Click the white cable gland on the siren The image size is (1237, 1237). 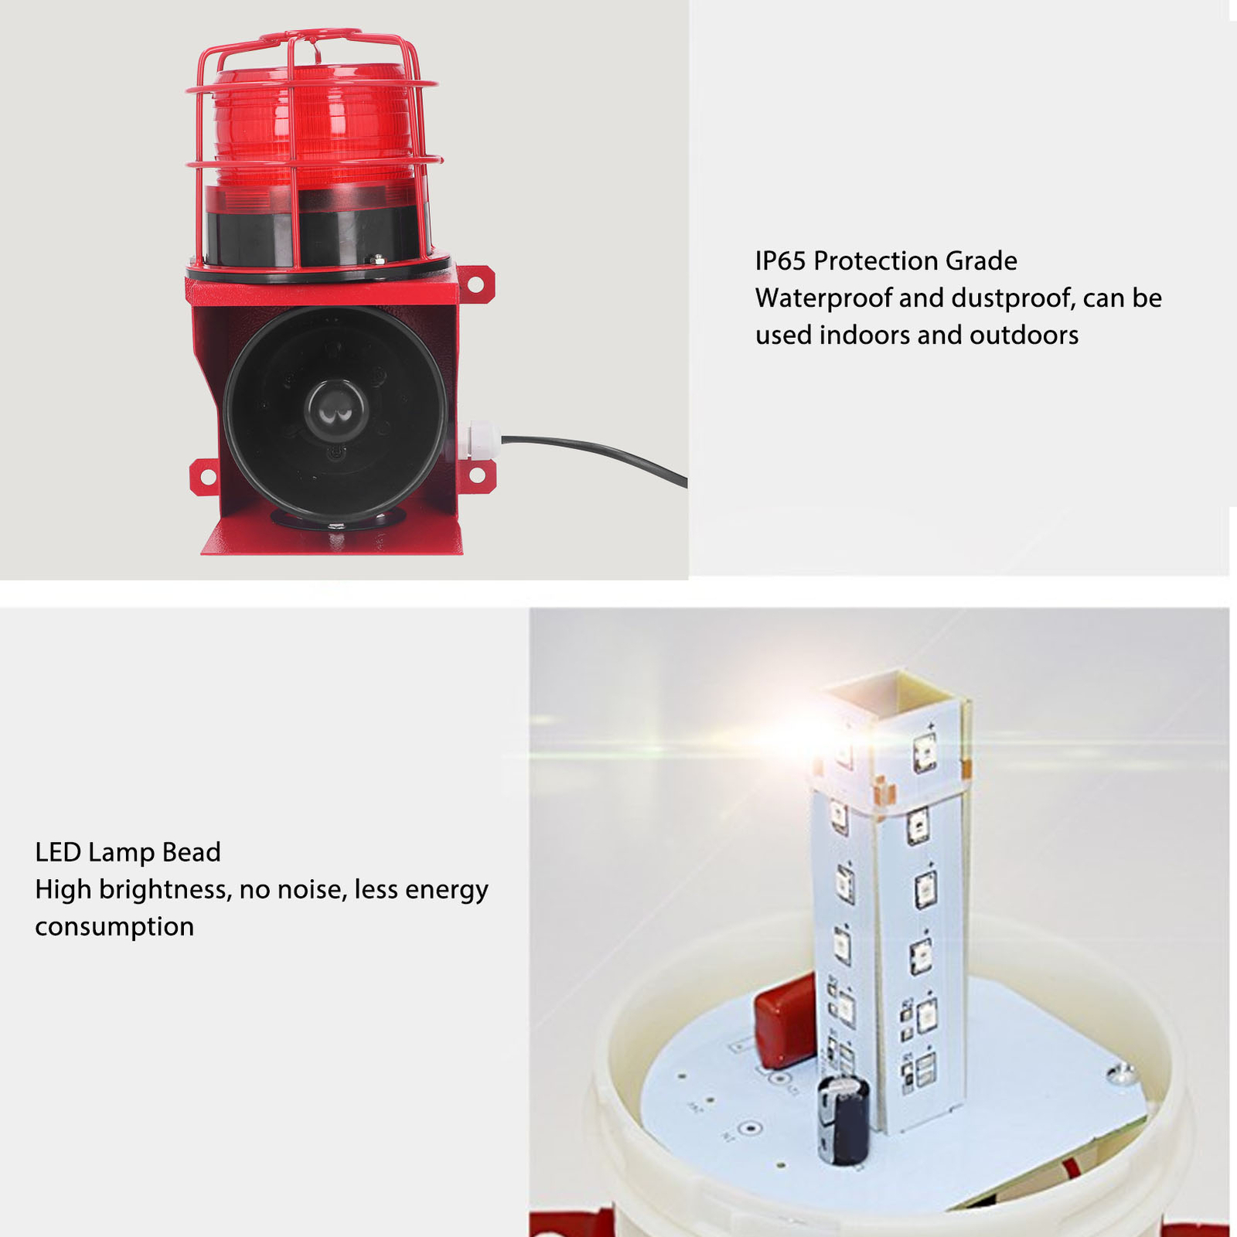(479, 441)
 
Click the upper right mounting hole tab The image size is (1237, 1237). (476, 285)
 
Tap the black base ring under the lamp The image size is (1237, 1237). (317, 232)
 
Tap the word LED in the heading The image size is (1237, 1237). (58, 852)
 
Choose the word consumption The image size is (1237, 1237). (114, 926)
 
